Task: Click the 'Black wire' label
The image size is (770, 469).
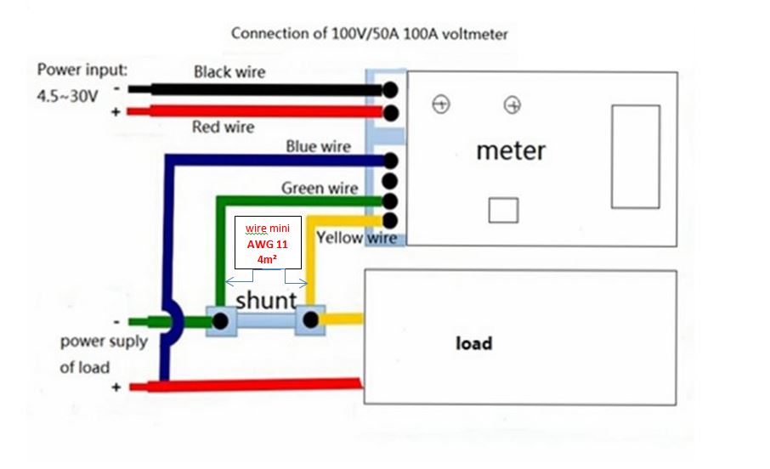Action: (229, 72)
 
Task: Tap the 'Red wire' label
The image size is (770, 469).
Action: (223, 127)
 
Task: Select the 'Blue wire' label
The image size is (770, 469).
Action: (318, 146)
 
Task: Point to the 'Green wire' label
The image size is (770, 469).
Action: (320, 188)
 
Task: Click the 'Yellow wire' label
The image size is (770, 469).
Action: (356, 238)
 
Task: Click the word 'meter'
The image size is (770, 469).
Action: (511, 150)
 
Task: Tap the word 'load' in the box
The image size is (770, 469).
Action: (474, 342)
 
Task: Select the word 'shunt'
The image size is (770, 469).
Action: (266, 300)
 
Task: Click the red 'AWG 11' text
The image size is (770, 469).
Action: (267, 244)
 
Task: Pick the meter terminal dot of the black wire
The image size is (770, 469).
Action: (390, 90)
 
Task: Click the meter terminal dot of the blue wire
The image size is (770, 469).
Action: (390, 161)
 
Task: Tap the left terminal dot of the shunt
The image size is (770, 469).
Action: (220, 321)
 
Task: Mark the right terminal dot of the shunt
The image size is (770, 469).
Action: (310, 320)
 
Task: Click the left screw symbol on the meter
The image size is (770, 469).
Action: (441, 105)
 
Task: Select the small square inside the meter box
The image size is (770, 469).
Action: (503, 210)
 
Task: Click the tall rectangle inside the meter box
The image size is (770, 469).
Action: (636, 156)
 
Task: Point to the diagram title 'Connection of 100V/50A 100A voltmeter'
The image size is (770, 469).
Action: (370, 34)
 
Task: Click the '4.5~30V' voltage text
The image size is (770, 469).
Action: (67, 96)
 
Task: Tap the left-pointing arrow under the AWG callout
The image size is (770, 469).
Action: (239, 279)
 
